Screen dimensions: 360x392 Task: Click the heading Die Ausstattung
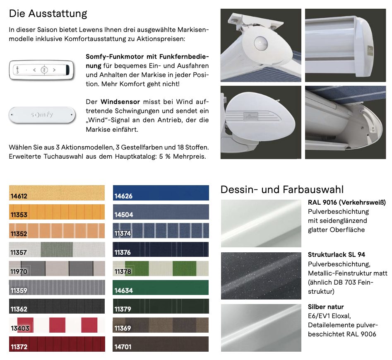pyautogui.click(x=48, y=13)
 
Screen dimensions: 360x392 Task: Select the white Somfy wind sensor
pyautogui.click(x=42, y=114)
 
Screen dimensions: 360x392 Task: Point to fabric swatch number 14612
pyautogui.click(x=57, y=193)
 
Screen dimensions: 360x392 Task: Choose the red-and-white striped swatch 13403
pyautogui.click(x=57, y=325)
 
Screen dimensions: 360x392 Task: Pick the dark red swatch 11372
pyautogui.click(x=57, y=344)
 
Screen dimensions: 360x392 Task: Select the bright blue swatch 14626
pyautogui.click(x=161, y=193)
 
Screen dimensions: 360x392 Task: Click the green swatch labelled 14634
pyautogui.click(x=161, y=288)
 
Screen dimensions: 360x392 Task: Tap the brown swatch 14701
pyautogui.click(x=161, y=344)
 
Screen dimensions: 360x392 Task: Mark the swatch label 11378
pyautogui.click(x=123, y=272)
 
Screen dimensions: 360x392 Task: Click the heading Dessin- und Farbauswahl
pyautogui.click(x=282, y=190)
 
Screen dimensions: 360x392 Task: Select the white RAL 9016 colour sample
pyautogui.click(x=261, y=223)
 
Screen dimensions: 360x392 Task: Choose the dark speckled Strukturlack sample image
pyautogui.click(x=261, y=275)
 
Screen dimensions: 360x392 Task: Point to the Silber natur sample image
pyautogui.click(x=261, y=328)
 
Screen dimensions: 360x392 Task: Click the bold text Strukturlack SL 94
pyautogui.click(x=336, y=255)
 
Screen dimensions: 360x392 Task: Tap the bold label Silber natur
pyautogui.click(x=326, y=307)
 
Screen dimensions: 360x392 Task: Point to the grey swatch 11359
pyautogui.click(x=57, y=288)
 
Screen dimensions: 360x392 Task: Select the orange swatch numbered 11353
pyautogui.click(x=57, y=212)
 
